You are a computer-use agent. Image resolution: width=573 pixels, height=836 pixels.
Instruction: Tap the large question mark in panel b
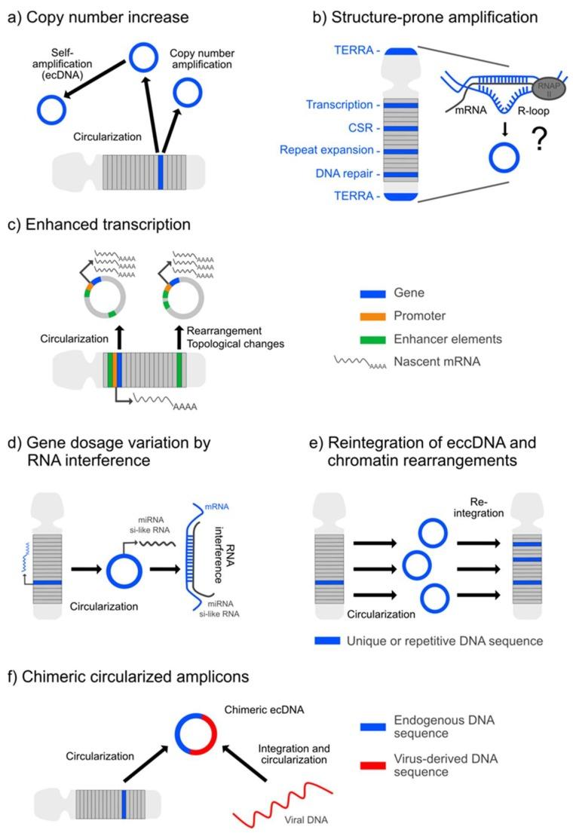[x=538, y=142]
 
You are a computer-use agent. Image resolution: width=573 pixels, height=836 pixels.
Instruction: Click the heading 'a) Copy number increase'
[x=97, y=16]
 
